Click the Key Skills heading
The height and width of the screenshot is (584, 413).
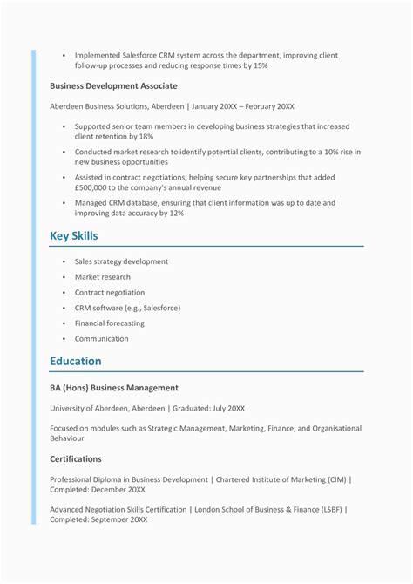point(74,236)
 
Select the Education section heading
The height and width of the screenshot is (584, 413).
point(76,361)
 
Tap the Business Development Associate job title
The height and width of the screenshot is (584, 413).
point(113,86)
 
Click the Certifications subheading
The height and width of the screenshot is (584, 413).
point(76,458)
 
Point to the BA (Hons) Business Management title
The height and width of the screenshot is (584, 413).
point(114,388)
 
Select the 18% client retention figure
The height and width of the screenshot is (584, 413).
point(146,137)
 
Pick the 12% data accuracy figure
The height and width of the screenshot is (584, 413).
point(176,213)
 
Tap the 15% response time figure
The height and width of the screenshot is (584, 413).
point(260,65)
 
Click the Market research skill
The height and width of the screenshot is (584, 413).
point(103,277)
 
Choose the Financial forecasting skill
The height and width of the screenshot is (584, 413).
point(110,323)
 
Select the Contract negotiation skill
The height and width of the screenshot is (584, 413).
point(110,293)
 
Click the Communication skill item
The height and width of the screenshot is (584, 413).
point(102,339)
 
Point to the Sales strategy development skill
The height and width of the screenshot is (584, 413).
point(121,261)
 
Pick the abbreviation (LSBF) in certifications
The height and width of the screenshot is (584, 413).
point(332,509)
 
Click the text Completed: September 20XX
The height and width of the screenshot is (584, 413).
point(98,519)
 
